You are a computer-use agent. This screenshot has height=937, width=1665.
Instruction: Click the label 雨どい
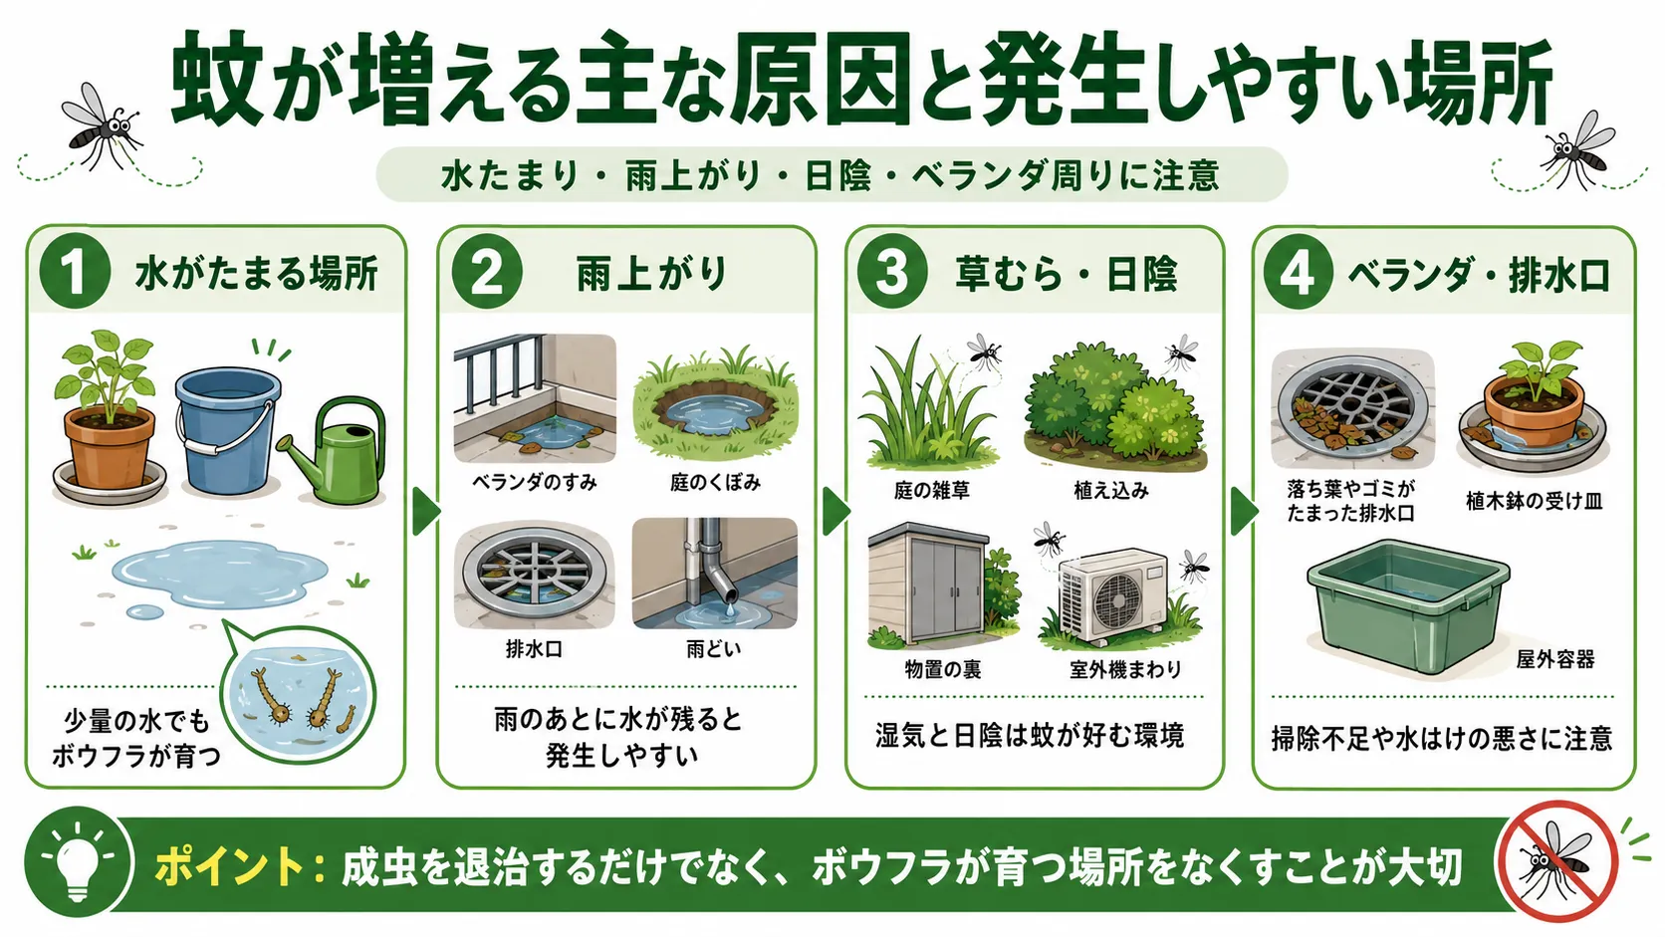click(x=714, y=649)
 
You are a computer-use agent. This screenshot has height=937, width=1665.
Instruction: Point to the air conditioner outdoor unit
click(x=1112, y=594)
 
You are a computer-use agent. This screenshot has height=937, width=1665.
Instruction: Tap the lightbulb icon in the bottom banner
click(x=78, y=863)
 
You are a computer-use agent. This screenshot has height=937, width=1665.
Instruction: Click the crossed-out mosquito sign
click(x=1557, y=862)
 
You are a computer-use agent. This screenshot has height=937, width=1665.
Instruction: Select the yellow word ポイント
click(x=230, y=866)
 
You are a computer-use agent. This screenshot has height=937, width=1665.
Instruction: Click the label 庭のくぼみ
click(x=715, y=483)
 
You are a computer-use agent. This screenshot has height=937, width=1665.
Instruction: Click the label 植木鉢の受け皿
click(x=1534, y=502)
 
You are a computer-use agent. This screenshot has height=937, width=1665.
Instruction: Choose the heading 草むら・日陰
click(x=1066, y=274)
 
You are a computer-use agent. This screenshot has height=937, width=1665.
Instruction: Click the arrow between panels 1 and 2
click(x=426, y=511)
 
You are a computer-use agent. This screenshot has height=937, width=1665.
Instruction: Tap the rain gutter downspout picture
click(x=714, y=574)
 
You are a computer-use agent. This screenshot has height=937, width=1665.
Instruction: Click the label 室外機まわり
click(x=1125, y=669)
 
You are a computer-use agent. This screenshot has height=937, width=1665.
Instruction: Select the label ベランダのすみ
click(x=535, y=483)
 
